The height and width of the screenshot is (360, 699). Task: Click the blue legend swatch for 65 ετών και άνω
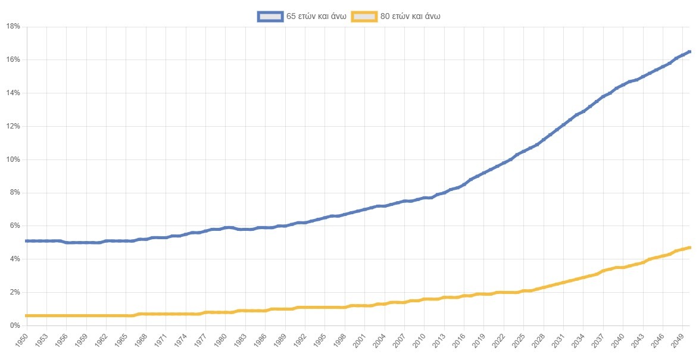click(x=270, y=17)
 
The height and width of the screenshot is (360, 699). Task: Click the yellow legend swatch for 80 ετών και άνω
click(x=364, y=17)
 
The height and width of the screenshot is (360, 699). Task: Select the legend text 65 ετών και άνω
click(x=316, y=17)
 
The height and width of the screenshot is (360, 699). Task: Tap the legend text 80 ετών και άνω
click(x=410, y=17)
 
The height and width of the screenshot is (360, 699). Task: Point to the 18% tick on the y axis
click(x=13, y=27)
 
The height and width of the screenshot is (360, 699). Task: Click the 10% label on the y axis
click(x=13, y=159)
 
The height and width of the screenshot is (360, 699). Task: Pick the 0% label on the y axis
click(x=15, y=325)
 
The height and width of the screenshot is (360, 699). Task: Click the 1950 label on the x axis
click(x=23, y=342)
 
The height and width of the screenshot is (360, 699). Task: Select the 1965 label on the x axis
click(x=122, y=342)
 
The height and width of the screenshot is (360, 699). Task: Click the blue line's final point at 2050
click(x=689, y=52)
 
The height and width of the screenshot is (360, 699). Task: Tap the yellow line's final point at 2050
click(x=689, y=248)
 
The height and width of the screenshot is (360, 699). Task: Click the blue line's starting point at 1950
click(x=27, y=241)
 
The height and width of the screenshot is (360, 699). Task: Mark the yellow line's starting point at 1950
click(x=27, y=315)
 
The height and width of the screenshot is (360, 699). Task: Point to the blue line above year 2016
click(x=464, y=184)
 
